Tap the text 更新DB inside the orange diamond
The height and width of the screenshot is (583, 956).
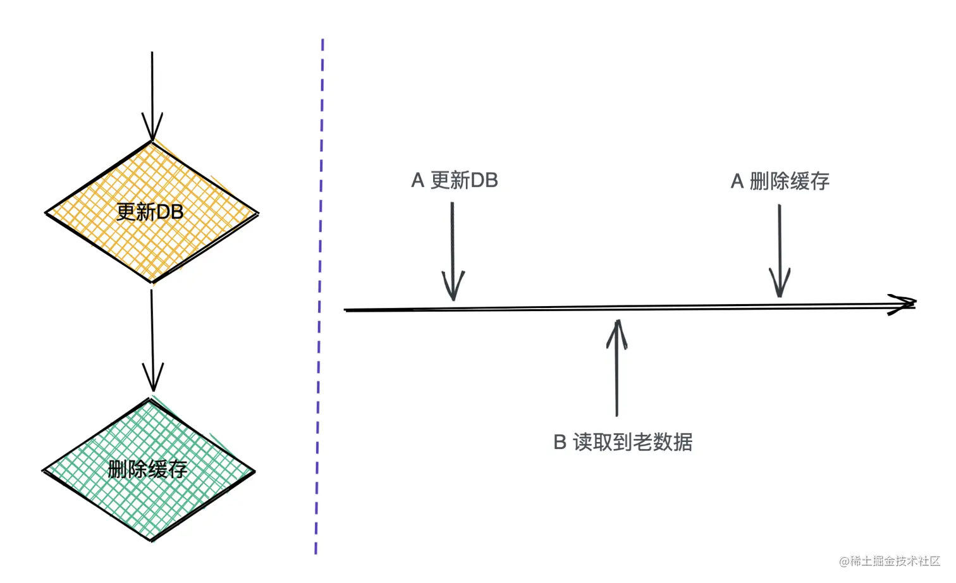(150, 212)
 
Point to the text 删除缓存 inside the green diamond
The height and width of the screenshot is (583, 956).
(147, 469)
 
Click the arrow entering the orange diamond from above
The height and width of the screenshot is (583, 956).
(152, 89)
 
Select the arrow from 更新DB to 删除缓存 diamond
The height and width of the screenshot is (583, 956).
(152, 335)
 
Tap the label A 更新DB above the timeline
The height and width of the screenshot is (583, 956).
(455, 181)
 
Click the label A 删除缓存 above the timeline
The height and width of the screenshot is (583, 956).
(780, 181)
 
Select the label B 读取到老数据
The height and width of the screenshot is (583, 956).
(623, 442)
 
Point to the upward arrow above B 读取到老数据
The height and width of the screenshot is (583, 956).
(617, 367)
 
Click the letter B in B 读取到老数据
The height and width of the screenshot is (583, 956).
(560, 442)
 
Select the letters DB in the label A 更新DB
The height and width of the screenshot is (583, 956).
(484, 181)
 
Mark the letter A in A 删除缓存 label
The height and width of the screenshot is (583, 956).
(737, 181)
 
